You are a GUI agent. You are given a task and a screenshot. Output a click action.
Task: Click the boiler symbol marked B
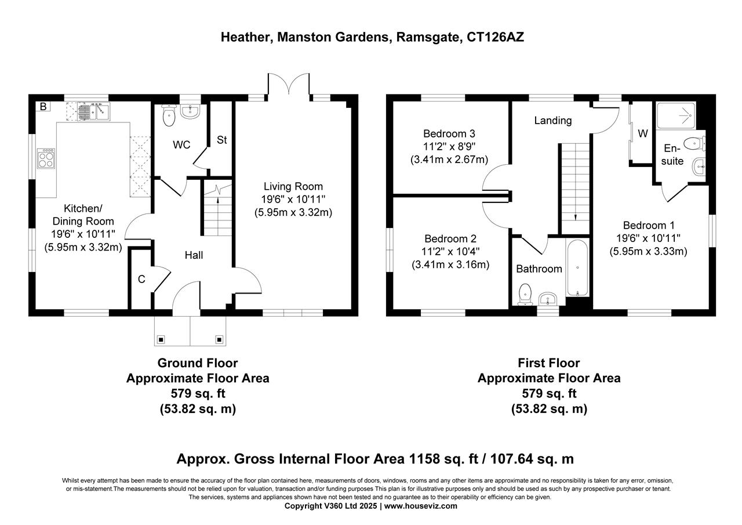tap(42, 106)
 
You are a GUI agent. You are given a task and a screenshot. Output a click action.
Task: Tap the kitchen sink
tap(94, 110)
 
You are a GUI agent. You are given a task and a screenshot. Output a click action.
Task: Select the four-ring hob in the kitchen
tap(46, 158)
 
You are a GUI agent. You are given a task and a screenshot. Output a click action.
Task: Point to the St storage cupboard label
tap(221, 140)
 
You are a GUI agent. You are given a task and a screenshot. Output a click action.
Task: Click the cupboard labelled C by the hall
tap(141, 279)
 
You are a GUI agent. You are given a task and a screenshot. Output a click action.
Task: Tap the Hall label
tap(194, 255)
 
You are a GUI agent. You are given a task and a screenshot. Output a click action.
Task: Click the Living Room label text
tap(293, 186)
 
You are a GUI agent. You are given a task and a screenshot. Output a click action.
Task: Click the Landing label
tap(552, 121)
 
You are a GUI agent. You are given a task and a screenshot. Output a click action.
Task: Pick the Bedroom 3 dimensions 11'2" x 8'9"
tap(449, 146)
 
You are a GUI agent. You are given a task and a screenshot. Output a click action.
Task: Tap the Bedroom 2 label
tap(450, 238)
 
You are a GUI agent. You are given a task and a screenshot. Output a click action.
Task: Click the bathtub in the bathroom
tap(577, 267)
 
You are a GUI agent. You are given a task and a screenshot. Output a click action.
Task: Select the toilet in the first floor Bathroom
tap(525, 293)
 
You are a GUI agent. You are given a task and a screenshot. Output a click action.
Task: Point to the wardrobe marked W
tap(642, 134)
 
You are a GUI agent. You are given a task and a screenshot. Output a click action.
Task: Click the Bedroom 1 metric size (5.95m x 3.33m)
tap(648, 251)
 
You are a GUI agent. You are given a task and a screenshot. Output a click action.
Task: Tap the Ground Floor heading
tap(197, 363)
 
